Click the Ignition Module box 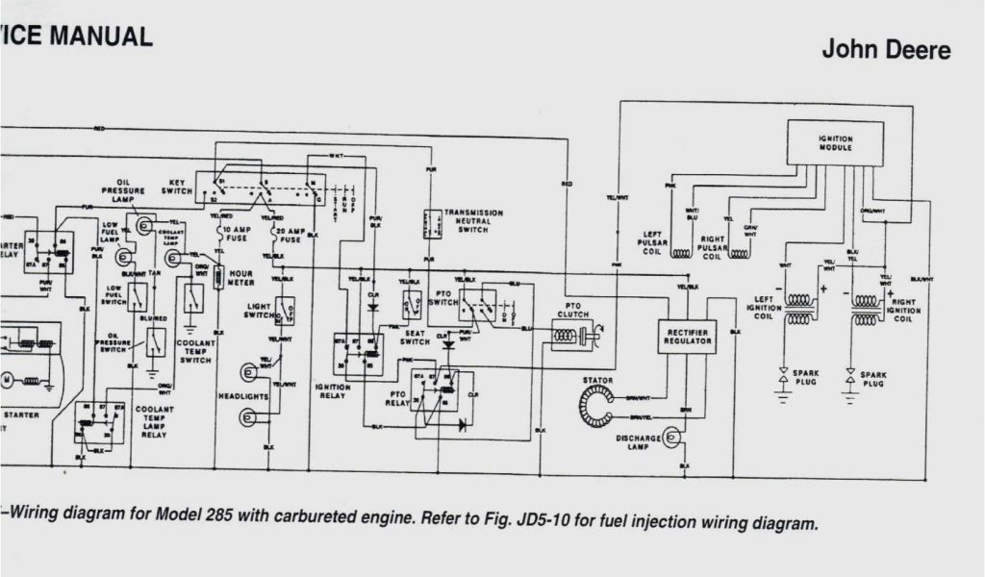(835, 143)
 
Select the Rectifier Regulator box (688, 337)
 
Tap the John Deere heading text (885, 50)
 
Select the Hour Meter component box (218, 280)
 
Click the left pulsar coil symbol (681, 254)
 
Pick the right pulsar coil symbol (739, 254)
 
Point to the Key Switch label (177, 187)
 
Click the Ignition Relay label (333, 390)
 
